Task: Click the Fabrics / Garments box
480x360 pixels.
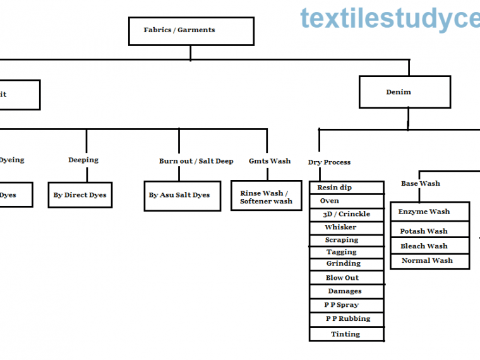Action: coord(191,31)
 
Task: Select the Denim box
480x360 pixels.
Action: coord(404,92)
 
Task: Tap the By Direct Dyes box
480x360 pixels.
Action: coord(80,195)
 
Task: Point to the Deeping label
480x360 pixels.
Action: coord(83,160)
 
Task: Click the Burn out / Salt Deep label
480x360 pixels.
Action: coord(196,161)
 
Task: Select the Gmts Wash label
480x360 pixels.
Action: coord(270,161)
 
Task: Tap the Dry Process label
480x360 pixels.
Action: coord(329,162)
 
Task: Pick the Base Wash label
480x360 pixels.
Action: coord(420,184)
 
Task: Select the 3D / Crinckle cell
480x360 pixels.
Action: coord(346,214)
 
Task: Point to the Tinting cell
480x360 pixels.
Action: coord(346,334)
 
